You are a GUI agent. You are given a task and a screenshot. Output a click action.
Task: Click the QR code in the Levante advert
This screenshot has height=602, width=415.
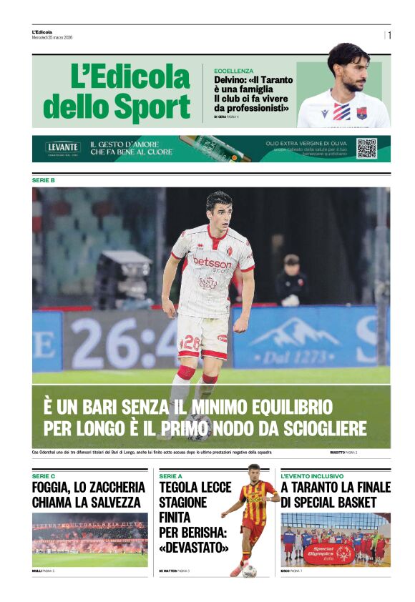(x=366, y=148)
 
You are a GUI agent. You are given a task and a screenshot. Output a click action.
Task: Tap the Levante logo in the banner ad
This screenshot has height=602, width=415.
(x=63, y=148)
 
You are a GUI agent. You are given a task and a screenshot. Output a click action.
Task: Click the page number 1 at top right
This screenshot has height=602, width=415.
(x=389, y=35)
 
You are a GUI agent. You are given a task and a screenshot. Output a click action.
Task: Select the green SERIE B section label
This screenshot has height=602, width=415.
(x=43, y=180)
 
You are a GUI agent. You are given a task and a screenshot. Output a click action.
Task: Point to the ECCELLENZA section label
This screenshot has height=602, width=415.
(x=233, y=71)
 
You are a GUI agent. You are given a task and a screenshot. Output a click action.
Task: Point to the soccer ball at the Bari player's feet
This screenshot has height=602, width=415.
(x=198, y=427)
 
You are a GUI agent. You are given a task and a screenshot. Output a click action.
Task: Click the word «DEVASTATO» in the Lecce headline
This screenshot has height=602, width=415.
(x=194, y=548)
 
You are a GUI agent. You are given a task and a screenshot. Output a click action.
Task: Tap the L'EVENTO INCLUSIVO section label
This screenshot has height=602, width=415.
(x=312, y=475)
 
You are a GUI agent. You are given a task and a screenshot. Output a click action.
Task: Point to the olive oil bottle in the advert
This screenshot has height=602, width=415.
(x=215, y=148)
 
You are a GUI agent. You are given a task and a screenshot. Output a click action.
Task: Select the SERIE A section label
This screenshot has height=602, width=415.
(x=170, y=475)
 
